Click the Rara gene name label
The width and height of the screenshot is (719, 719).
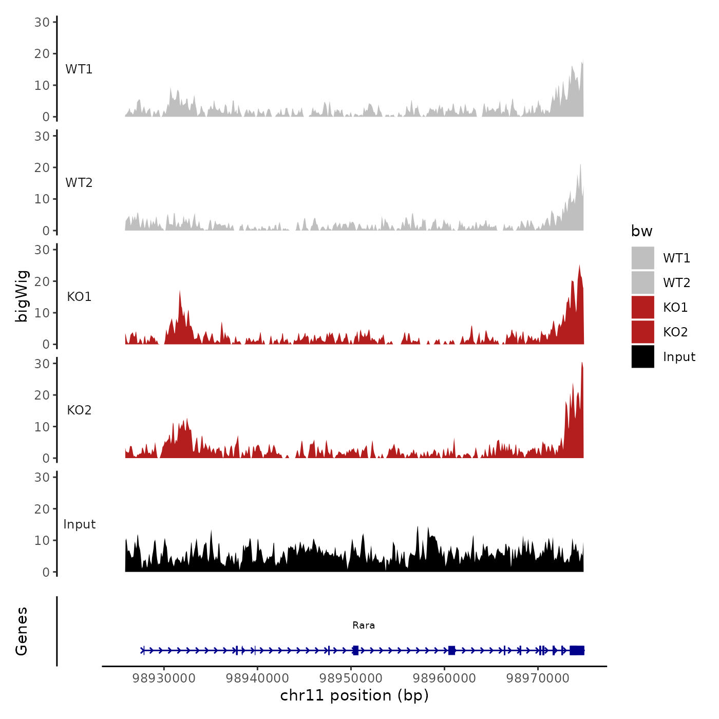364,625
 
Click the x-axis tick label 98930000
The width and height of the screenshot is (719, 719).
164,678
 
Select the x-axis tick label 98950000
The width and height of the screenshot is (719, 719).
351,678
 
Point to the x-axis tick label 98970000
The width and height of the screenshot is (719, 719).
538,678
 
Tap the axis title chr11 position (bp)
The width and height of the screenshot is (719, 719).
354,695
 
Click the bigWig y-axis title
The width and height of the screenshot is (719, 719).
22,296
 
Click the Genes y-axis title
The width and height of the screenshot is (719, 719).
22,631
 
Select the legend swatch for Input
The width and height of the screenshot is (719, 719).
642,356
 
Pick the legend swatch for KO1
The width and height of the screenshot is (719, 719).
642,307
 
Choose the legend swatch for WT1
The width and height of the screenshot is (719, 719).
642,258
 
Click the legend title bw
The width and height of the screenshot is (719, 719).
641,231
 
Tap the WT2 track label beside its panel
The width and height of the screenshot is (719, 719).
79,183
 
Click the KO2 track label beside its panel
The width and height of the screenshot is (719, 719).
79,410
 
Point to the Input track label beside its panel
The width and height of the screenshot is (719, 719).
80,524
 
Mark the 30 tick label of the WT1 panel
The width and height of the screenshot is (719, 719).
42,22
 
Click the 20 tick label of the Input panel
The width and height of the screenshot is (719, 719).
42,509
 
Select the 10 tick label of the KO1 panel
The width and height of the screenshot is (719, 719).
42,313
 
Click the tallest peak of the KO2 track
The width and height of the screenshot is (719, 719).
582,364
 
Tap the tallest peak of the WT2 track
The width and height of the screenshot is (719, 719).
580,165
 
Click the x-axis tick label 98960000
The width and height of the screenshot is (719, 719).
444,678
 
